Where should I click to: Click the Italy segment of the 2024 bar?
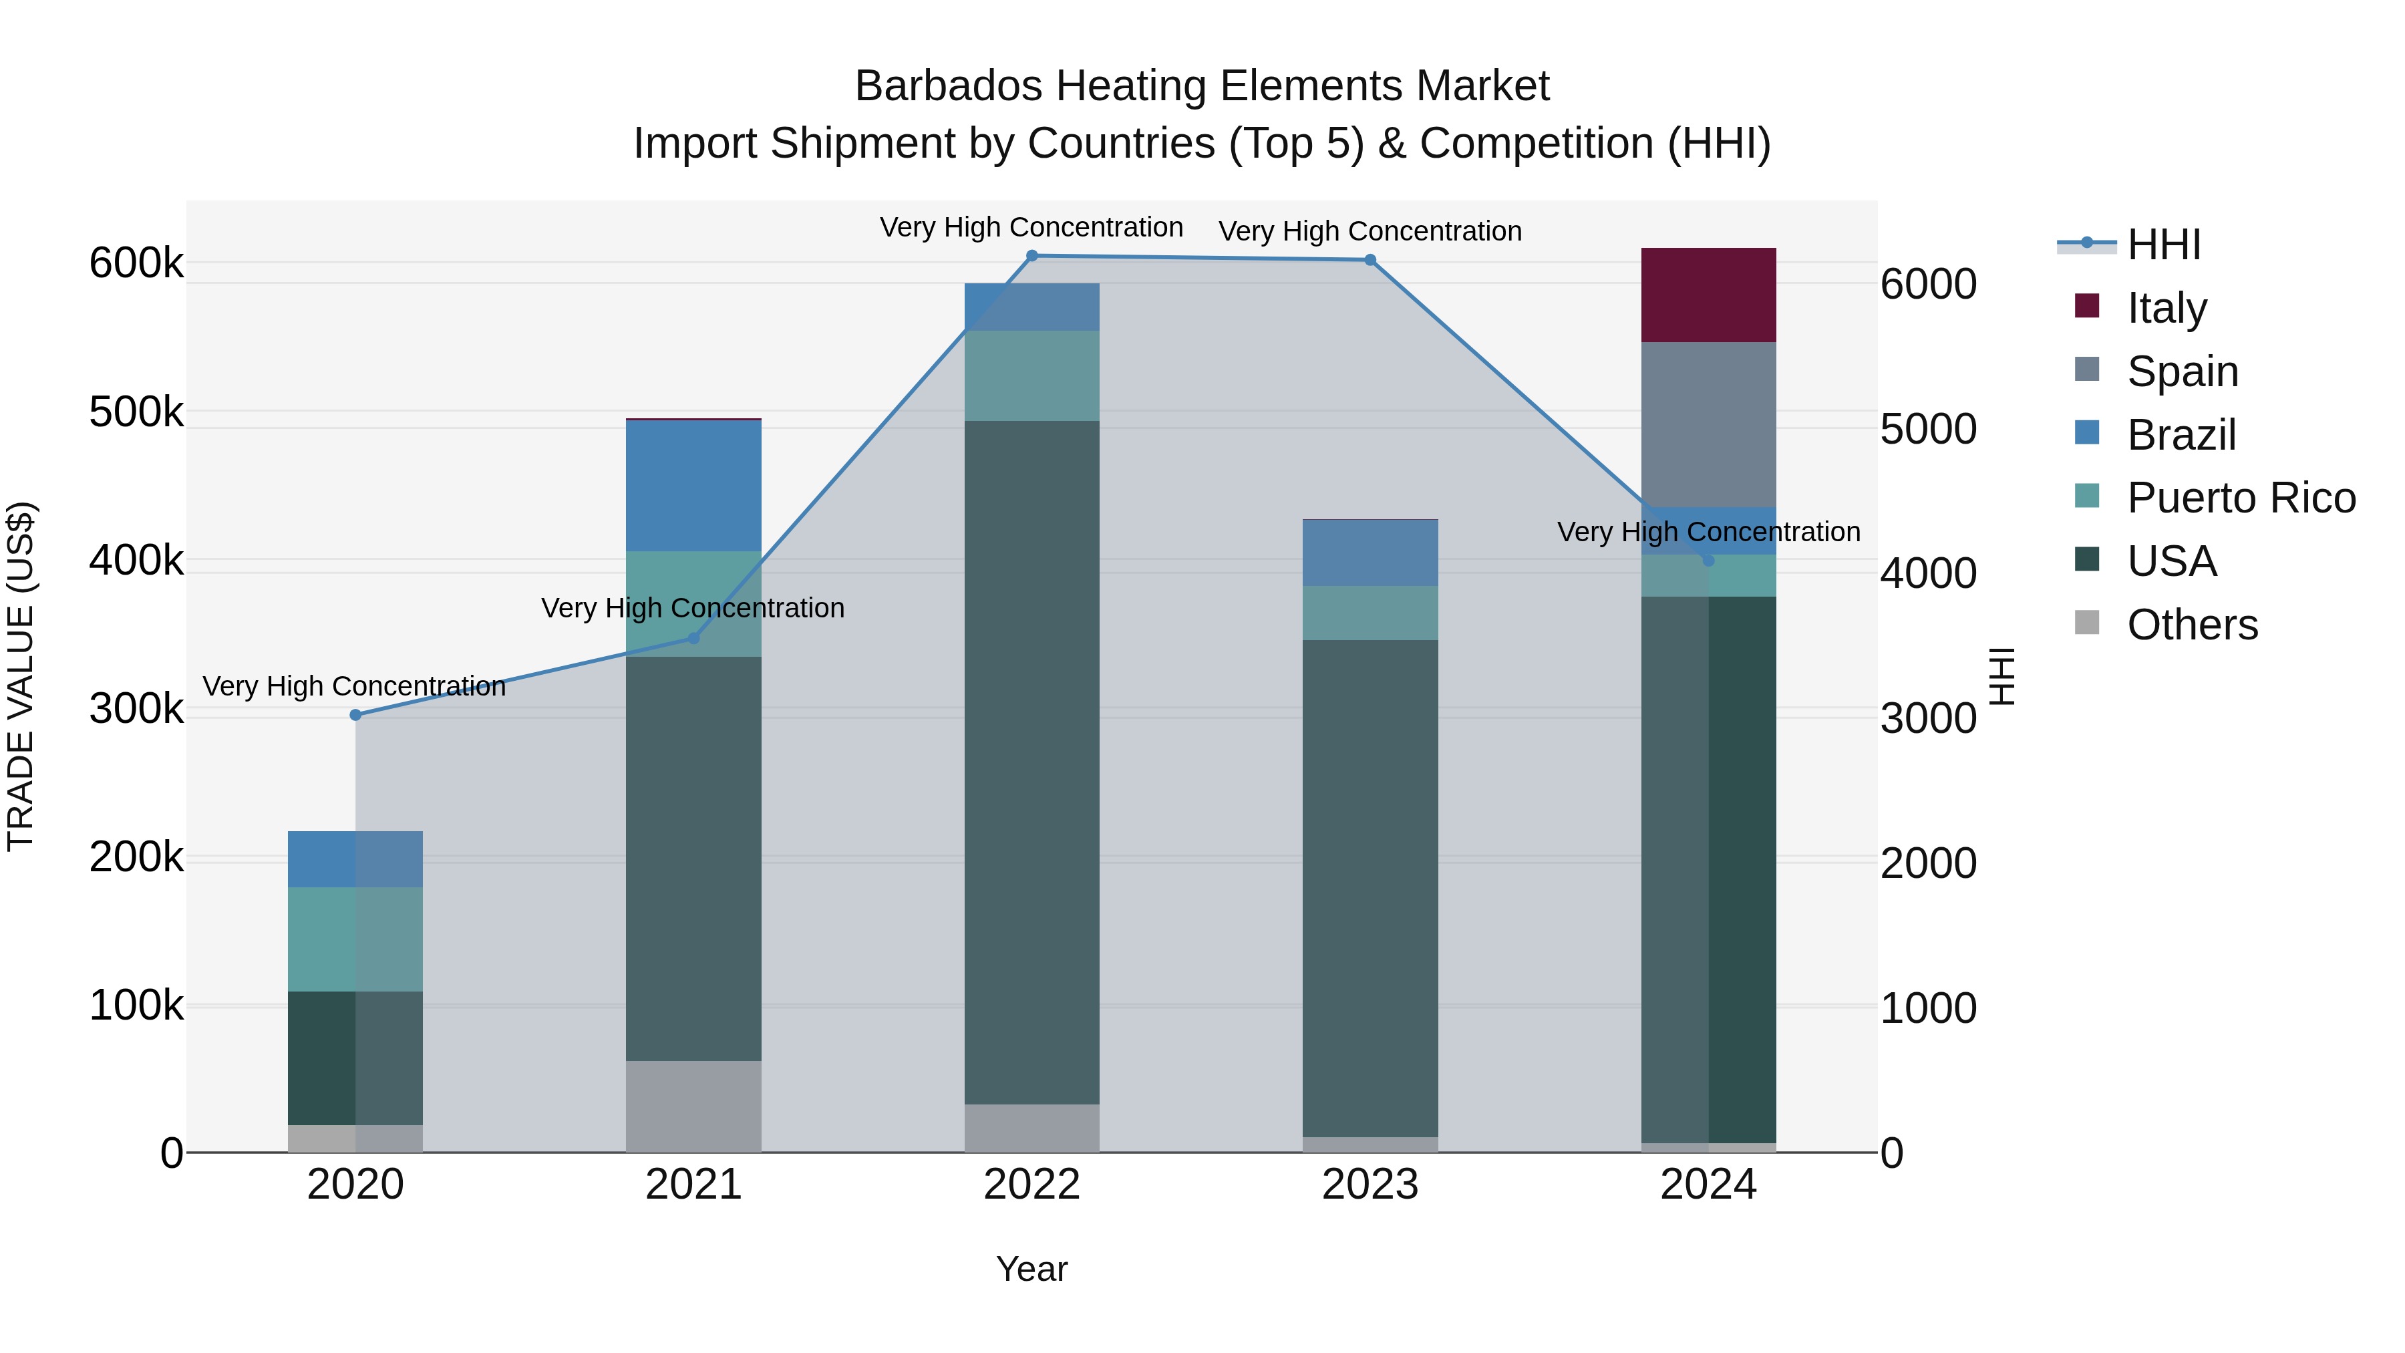click(1708, 295)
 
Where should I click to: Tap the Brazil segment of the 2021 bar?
click(693, 486)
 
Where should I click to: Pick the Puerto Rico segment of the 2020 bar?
click(355, 939)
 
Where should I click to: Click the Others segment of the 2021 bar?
click(693, 1106)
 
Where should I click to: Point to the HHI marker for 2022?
click(1031, 256)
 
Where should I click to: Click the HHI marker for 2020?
click(355, 715)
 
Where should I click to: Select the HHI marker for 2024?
click(1708, 561)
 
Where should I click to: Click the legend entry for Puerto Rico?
click(2241, 498)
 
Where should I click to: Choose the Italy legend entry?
click(2166, 307)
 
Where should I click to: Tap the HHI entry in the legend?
click(2163, 245)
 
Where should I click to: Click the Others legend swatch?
click(2086, 623)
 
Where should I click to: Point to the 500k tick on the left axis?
click(136, 412)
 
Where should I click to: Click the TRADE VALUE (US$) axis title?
click(21, 676)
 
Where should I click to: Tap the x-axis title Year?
click(1031, 1269)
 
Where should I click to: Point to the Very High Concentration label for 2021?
click(693, 608)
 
